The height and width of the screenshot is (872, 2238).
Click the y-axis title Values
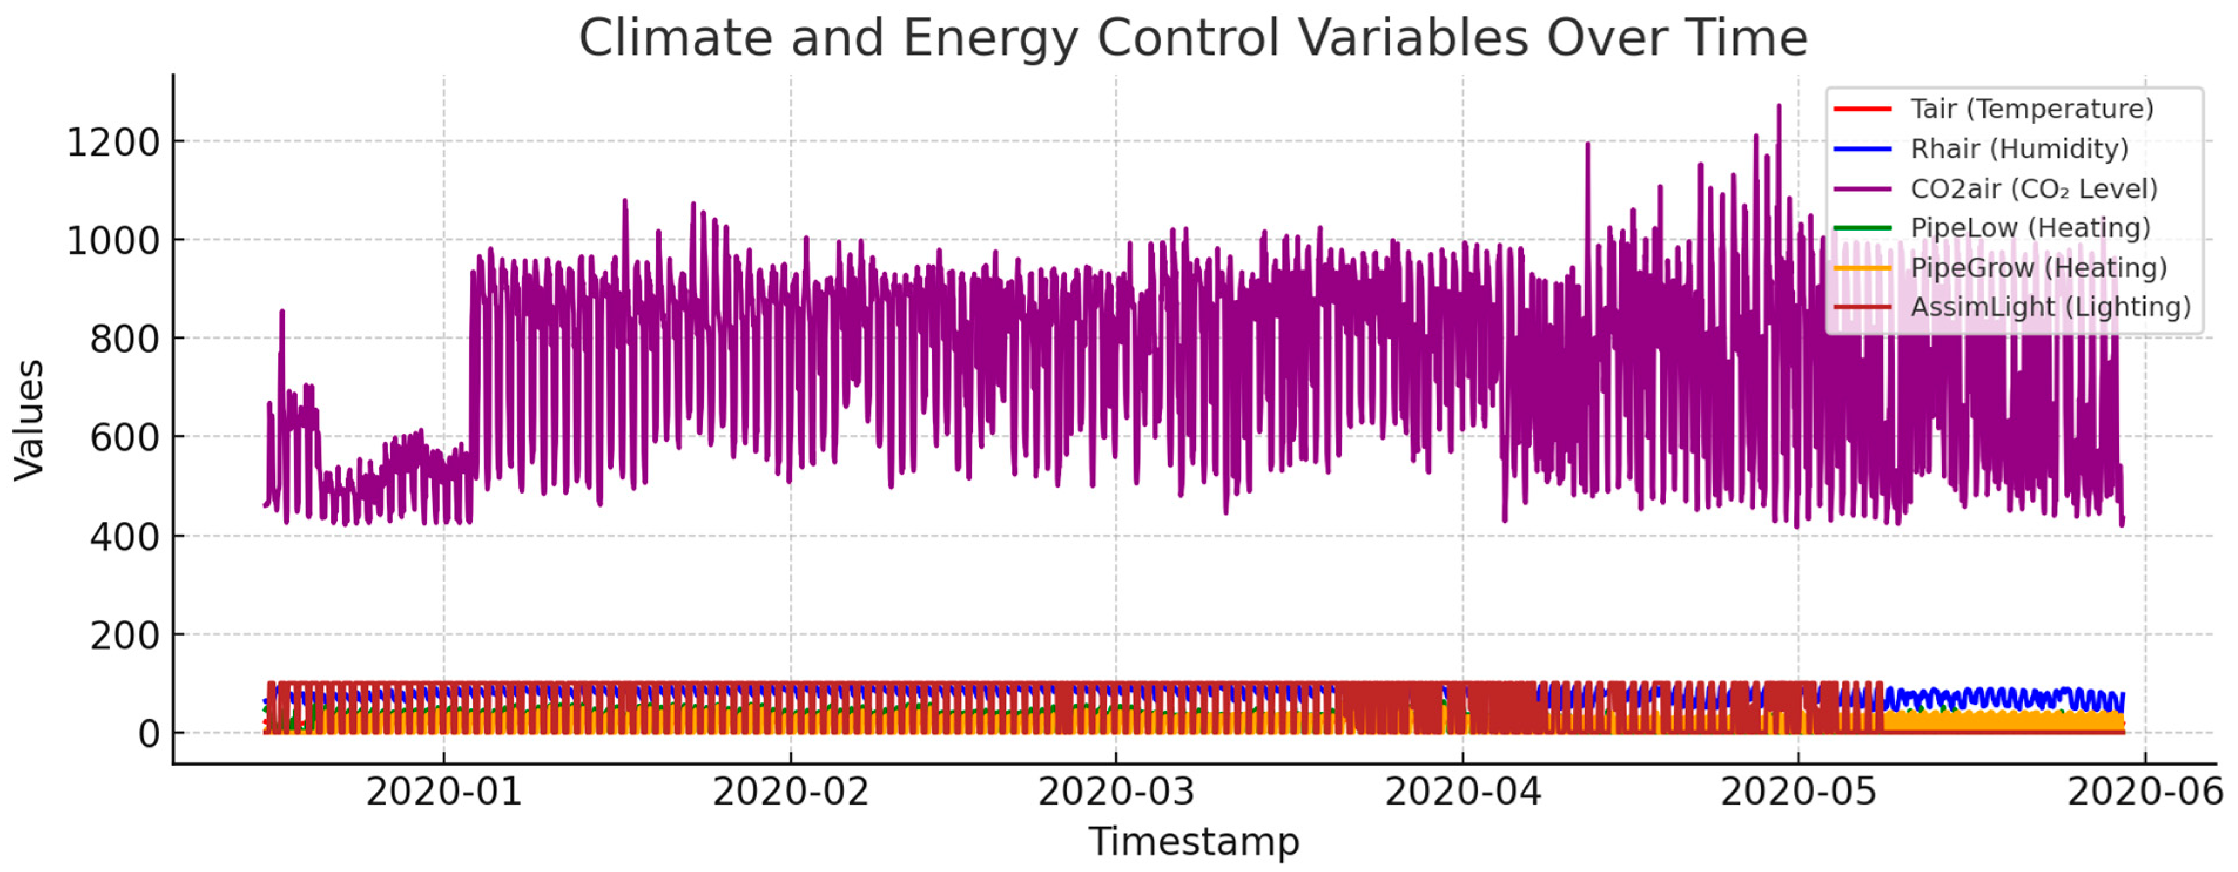point(29,420)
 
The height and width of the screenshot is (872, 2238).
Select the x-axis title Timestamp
point(1193,841)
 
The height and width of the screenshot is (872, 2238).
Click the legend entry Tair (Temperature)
point(2031,109)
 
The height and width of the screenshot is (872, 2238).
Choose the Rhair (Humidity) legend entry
point(2018,150)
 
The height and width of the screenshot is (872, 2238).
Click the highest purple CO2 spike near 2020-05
point(1778,108)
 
